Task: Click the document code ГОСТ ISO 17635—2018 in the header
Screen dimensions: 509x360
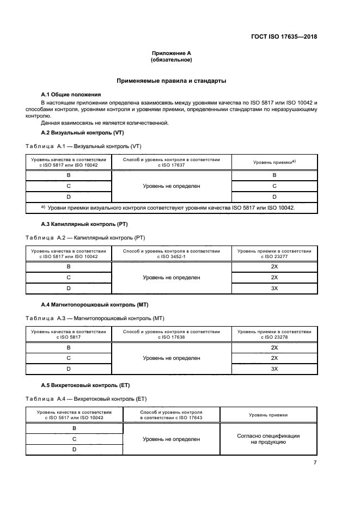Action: click(x=284, y=37)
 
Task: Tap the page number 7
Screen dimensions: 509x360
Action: click(x=315, y=462)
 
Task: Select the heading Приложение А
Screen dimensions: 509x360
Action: click(x=172, y=53)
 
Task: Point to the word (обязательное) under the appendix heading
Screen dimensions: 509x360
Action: click(x=172, y=60)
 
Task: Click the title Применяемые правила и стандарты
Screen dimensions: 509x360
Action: click(x=172, y=81)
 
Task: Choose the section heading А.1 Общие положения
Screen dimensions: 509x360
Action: click(x=71, y=94)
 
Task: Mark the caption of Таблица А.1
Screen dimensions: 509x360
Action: click(x=83, y=146)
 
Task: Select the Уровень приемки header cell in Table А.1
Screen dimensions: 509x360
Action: click(x=274, y=162)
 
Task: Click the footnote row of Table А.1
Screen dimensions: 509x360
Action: click(x=172, y=208)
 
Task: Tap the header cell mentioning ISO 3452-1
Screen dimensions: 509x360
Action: click(x=172, y=254)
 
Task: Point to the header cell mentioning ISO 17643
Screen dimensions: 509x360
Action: click(x=172, y=415)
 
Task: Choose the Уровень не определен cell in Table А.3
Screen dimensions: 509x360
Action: click(x=172, y=358)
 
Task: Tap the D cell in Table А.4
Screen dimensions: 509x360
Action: click(x=74, y=449)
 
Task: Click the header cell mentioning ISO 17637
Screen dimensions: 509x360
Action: click(x=172, y=162)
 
